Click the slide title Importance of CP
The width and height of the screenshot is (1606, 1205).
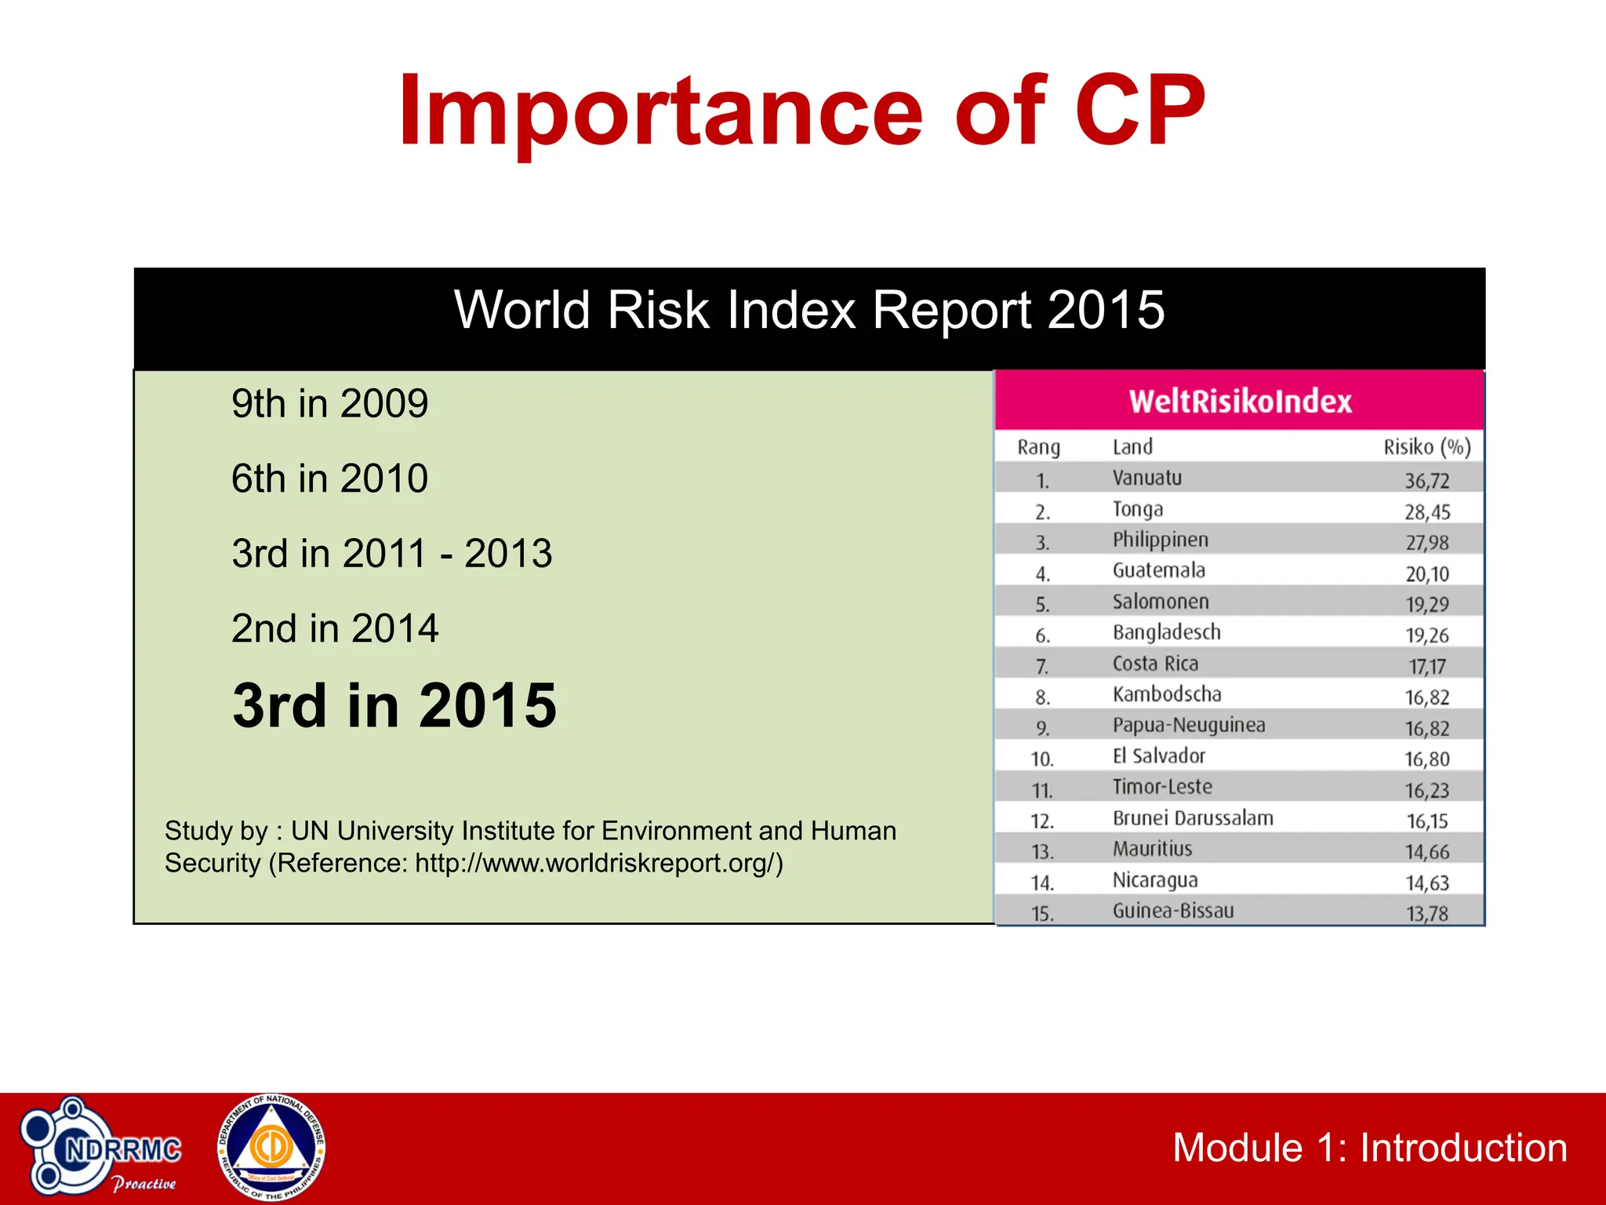click(801, 111)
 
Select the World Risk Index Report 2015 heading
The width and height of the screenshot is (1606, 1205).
click(809, 311)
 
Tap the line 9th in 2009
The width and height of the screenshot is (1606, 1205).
click(329, 404)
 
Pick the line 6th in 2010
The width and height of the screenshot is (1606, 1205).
click(329, 479)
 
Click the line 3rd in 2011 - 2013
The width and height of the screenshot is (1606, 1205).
click(391, 554)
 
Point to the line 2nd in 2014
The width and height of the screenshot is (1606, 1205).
click(335, 628)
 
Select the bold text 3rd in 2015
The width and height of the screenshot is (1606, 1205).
click(394, 705)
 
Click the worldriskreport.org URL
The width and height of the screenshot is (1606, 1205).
click(598, 863)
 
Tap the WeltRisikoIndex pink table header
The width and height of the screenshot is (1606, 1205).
click(1240, 402)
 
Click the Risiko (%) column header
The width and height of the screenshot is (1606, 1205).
click(1426, 447)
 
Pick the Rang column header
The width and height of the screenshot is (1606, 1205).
click(1038, 447)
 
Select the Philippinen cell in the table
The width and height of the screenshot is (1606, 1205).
click(1160, 541)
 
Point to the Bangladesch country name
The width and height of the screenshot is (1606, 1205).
click(1166, 633)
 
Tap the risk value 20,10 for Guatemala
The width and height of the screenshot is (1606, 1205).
click(1426, 574)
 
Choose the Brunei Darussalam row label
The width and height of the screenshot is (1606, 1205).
click(1192, 819)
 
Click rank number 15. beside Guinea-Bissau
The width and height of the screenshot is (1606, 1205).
click(1041, 914)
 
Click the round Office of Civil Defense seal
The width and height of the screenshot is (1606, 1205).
click(271, 1148)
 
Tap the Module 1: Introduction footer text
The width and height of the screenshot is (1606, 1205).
click(1369, 1149)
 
